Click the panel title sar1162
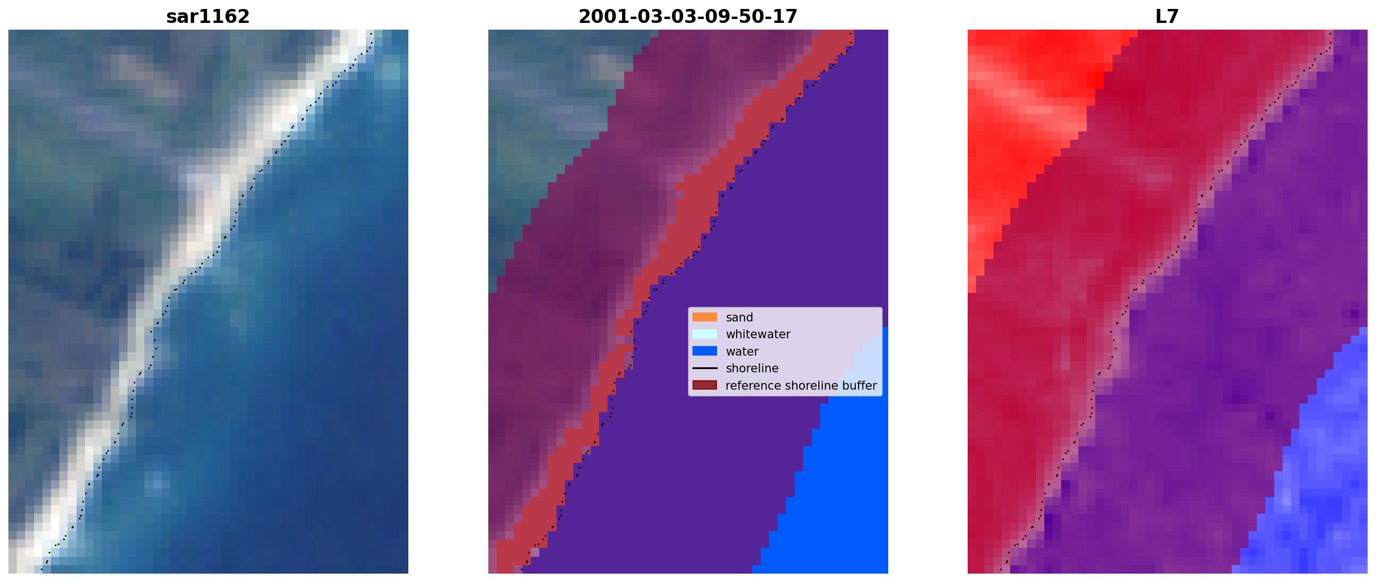(208, 17)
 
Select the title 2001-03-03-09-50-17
(688, 17)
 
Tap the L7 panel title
(1167, 17)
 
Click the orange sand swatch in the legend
(705, 317)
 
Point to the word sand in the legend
(739, 318)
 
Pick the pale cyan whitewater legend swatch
(705, 334)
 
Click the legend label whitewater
(758, 334)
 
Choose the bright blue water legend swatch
(705, 351)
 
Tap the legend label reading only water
(742, 352)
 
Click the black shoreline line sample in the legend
(705, 368)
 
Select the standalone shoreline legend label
(752, 368)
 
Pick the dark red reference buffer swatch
(705, 385)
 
